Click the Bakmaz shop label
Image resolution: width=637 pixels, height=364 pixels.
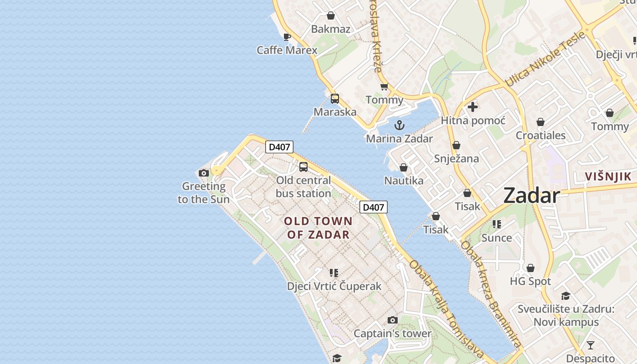(331, 29)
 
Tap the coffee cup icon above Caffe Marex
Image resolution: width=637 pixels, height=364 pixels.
(287, 37)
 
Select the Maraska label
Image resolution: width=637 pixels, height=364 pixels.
(335, 111)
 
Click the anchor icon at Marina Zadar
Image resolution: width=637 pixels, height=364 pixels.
(399, 125)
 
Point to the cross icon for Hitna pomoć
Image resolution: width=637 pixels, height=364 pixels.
(473, 107)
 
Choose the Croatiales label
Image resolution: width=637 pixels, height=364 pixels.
(541, 135)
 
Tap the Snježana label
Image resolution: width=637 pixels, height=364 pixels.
(456, 158)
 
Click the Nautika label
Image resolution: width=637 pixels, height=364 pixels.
(404, 181)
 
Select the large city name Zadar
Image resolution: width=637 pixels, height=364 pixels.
(531, 196)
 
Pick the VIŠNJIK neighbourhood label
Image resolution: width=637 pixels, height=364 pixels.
(608, 177)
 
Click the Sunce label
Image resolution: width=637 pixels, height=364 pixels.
(496, 238)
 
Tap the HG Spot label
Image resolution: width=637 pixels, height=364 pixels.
(530, 281)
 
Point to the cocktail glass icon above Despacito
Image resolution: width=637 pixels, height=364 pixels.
(590, 345)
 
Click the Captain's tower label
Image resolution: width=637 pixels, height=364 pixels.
(392, 334)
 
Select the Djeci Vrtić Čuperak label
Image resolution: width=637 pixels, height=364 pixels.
(334, 286)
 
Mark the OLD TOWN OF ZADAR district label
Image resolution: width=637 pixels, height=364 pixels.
(318, 228)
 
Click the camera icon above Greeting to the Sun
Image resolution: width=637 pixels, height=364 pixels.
(203, 173)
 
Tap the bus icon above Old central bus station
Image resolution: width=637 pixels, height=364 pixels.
(303, 167)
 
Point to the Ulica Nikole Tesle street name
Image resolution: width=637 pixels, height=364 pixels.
(545, 59)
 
